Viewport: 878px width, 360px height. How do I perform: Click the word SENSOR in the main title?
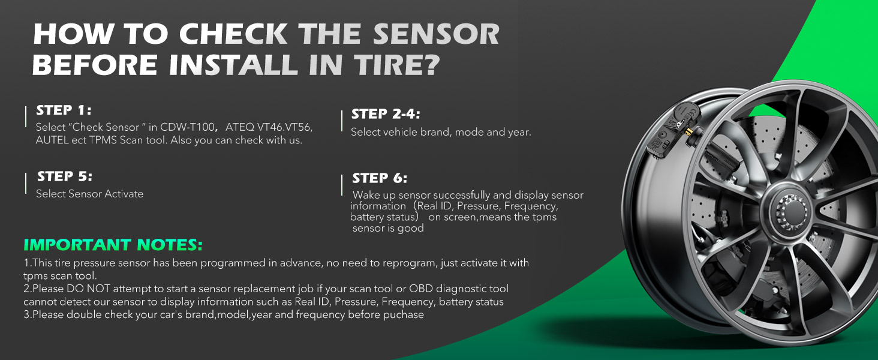(436, 35)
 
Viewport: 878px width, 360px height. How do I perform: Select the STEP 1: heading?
(64, 110)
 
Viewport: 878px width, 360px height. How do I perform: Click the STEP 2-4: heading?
(386, 114)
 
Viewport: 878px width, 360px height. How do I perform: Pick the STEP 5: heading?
(65, 176)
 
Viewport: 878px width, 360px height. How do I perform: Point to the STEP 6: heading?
(380, 178)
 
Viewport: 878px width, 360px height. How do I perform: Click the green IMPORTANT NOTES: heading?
(113, 245)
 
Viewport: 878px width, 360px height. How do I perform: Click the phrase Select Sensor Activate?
(90, 194)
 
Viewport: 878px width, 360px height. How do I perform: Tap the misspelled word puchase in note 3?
(402, 315)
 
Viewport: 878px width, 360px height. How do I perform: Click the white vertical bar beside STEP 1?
(26, 117)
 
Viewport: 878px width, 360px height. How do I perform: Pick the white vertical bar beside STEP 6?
(341, 185)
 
